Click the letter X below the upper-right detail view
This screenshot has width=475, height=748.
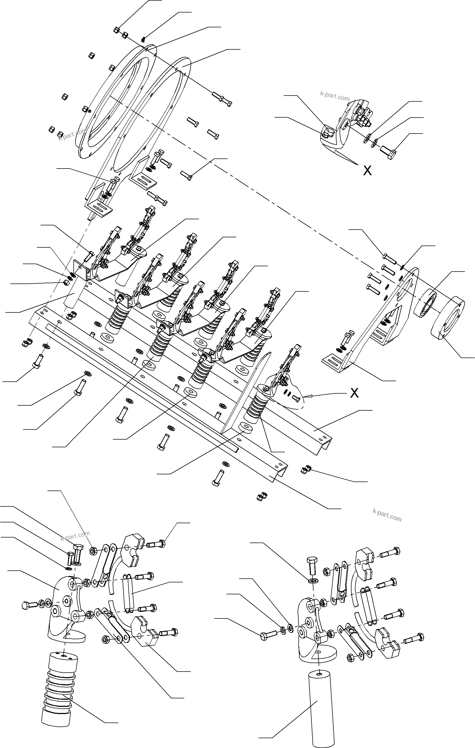tap(367, 170)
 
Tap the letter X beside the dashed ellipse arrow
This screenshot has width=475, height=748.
tap(354, 393)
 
